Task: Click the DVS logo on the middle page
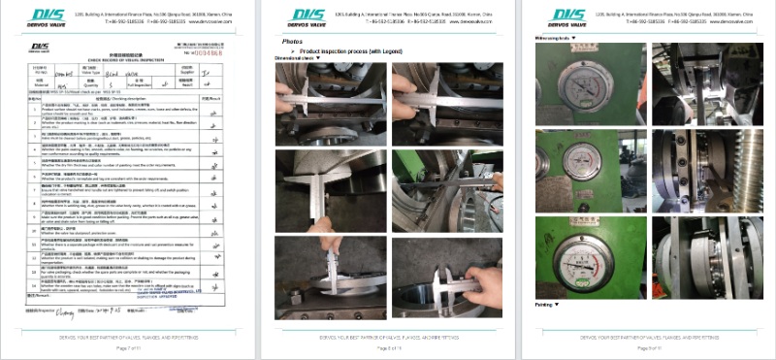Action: point(303,17)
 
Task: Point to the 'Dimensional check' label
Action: point(301,59)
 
